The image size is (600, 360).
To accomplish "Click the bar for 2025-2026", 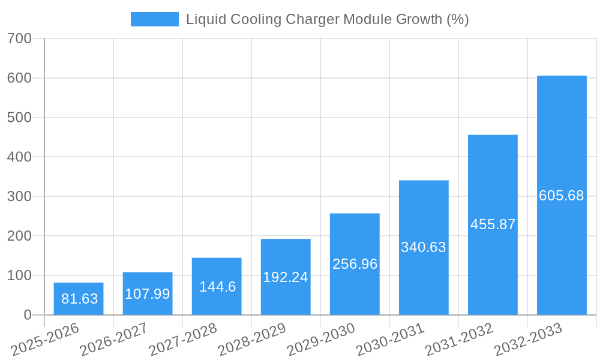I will coord(79,299).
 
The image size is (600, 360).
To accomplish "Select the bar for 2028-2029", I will coord(286,277).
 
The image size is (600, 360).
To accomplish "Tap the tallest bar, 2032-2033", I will coord(562,196).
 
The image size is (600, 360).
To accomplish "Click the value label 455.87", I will coord(493,224).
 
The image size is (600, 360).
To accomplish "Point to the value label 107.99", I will coord(148,294).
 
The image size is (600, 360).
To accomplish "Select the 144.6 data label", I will coord(217,287).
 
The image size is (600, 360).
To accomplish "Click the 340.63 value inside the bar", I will coord(424,247).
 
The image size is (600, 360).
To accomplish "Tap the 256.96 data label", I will coord(355,264).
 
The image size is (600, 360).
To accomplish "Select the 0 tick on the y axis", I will coord(28,315).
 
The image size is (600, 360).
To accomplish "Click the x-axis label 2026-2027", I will coord(114,340).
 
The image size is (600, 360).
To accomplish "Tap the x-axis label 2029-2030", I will coord(321,340).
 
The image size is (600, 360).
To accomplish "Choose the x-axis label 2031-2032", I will coord(459,340).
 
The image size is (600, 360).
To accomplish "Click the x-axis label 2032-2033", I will coord(528,340).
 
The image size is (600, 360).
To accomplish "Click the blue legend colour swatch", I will coord(155,19).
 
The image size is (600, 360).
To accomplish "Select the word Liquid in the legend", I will coord(203,19).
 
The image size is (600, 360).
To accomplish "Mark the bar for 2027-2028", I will coord(217,286).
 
